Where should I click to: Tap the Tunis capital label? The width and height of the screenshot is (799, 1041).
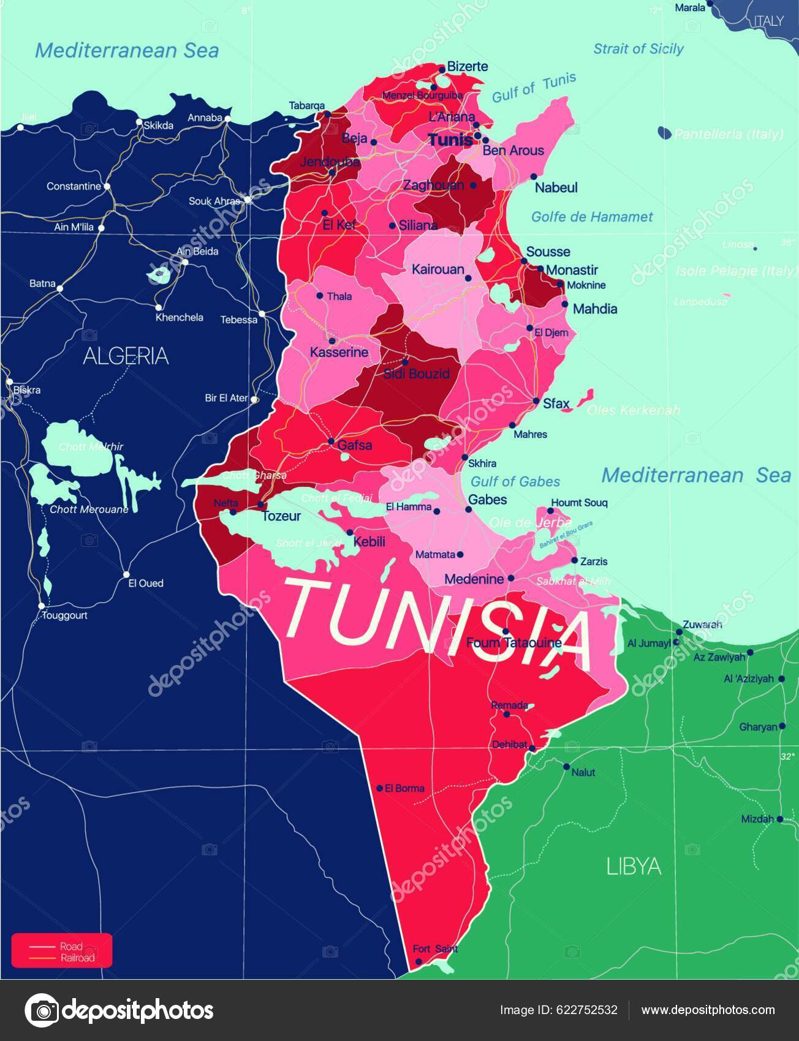click(x=450, y=140)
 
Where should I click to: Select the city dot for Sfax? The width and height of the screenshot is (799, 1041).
click(x=536, y=402)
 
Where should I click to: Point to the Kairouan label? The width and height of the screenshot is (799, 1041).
click(x=437, y=269)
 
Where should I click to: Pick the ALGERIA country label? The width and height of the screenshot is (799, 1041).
click(x=126, y=356)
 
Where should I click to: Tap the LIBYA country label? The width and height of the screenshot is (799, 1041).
click(x=634, y=866)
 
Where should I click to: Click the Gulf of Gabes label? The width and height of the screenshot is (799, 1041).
click(x=515, y=481)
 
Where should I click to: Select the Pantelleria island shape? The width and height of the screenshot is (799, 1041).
click(x=664, y=132)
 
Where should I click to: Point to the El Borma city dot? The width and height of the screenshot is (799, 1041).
click(x=380, y=788)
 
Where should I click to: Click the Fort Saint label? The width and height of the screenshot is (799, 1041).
click(x=435, y=949)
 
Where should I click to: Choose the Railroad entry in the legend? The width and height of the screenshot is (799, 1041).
click(x=77, y=958)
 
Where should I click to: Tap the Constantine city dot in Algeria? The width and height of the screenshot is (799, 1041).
click(x=107, y=186)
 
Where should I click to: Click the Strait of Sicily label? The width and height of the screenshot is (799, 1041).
click(x=638, y=49)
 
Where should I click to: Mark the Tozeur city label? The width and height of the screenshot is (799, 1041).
click(x=281, y=516)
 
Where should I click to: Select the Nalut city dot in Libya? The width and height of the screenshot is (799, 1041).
click(x=566, y=767)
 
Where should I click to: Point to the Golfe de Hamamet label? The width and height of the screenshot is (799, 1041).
click(x=591, y=217)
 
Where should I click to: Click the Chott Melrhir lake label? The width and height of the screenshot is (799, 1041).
click(x=91, y=446)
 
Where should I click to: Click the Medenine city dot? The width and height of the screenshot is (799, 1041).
click(x=510, y=578)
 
